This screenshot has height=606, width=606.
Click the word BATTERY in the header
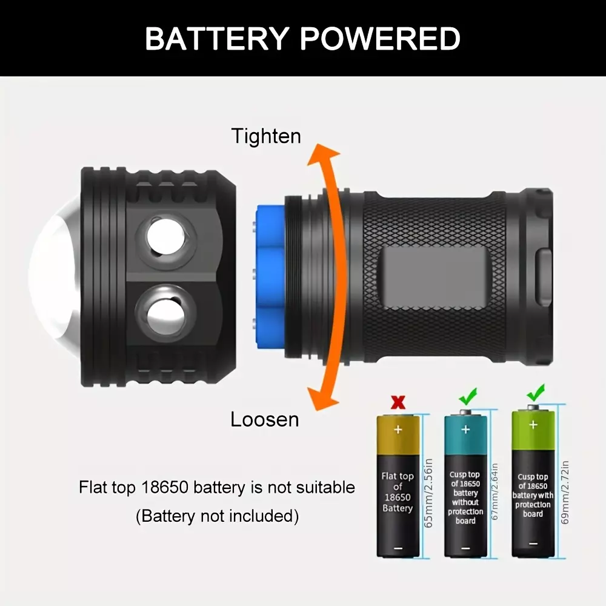click(x=217, y=39)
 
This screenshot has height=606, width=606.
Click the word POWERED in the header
click(x=380, y=39)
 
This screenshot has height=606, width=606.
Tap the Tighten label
click(x=266, y=136)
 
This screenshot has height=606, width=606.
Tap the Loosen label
click(x=265, y=419)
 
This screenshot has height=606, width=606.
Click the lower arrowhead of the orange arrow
click(x=323, y=399)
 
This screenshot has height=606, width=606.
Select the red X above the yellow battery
click(x=398, y=403)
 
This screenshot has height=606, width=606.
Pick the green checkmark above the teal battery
click(x=468, y=397)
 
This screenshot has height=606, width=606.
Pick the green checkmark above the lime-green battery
click(x=536, y=393)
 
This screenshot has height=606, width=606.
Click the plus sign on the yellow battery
click(x=398, y=430)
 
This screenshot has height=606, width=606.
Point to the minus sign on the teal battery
click(x=465, y=548)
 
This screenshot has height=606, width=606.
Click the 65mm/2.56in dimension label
click(x=428, y=493)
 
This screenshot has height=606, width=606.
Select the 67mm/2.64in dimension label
click(x=494, y=491)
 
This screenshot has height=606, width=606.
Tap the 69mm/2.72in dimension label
click(x=565, y=492)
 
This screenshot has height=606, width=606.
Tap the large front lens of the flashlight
click(x=54, y=277)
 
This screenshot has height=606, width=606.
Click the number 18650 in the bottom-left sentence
click(x=165, y=487)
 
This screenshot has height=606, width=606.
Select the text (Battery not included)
click(x=217, y=516)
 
